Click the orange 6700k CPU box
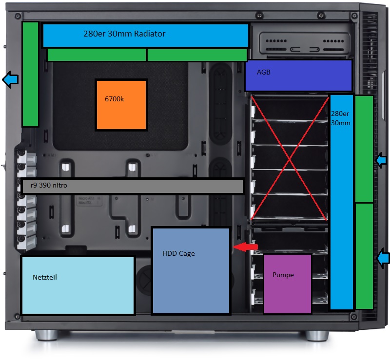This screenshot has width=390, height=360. pos(121,105)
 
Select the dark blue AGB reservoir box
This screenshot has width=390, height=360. pos(298,76)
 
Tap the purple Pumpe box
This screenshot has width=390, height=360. pos(287,284)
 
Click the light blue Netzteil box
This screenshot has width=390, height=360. pos(78,285)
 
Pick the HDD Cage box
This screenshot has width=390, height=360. pos(191,270)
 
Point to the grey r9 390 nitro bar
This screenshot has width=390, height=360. pos(133,186)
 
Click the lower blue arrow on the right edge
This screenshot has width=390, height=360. pos(384,258)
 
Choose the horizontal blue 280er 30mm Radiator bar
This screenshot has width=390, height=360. pos(146,35)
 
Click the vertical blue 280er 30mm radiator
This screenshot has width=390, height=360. pos(341,202)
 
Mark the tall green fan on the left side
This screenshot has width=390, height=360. pos(30,74)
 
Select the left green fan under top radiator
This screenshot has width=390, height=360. pos(97,55)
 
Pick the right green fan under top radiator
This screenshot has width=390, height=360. pos(197,55)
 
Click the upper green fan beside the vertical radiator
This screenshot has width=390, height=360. pos(364,149)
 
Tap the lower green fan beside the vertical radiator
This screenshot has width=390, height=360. pos(364,256)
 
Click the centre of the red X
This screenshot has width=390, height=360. pos(290,157)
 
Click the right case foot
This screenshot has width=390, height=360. pos(317,335)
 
